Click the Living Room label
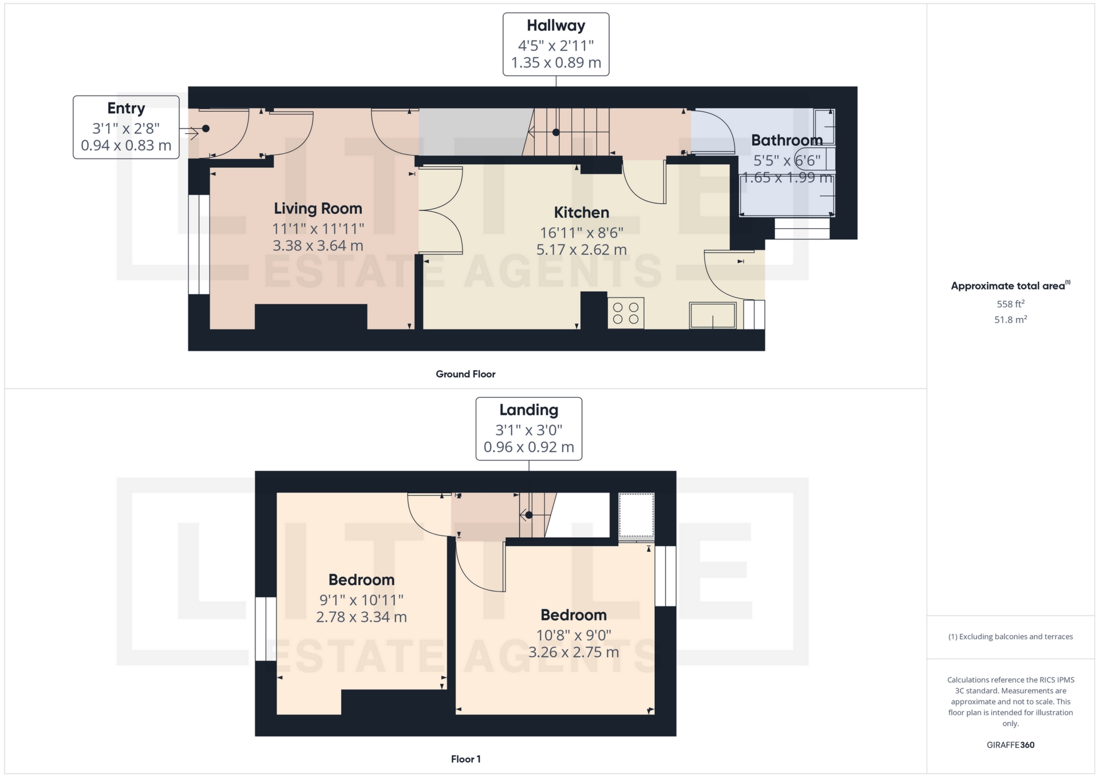[x=318, y=209]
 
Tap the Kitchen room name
[x=581, y=212]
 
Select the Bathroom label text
[x=786, y=140]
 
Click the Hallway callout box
[x=556, y=44]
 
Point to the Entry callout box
[x=126, y=127]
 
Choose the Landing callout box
[x=529, y=429]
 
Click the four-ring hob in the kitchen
[x=626, y=313]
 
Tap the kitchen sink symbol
[x=713, y=315]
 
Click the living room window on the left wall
[x=199, y=245]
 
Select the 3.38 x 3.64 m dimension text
[x=318, y=245]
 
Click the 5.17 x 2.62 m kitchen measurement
[x=581, y=249]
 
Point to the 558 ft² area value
[x=1010, y=304]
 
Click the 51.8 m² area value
[x=1010, y=319]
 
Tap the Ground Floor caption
[x=465, y=374]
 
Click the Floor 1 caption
[x=465, y=759]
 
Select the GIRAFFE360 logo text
[x=1010, y=745]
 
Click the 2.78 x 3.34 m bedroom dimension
[x=361, y=617]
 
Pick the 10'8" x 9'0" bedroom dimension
[x=574, y=635]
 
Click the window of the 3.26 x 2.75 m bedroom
[x=665, y=576]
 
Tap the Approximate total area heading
[x=1010, y=286]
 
